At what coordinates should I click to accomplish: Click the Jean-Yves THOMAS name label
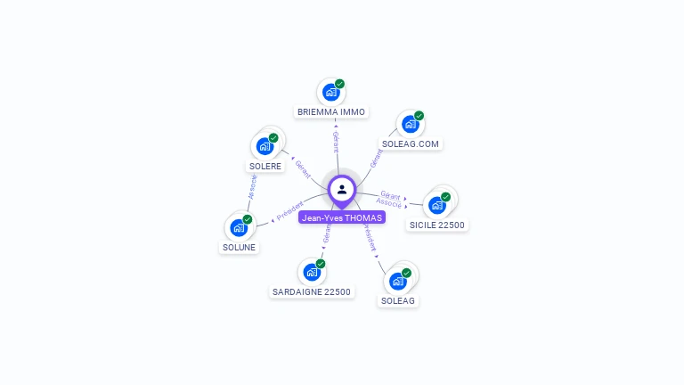click(x=342, y=217)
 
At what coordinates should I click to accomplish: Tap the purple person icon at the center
click(x=342, y=189)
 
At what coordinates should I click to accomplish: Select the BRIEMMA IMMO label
click(x=331, y=112)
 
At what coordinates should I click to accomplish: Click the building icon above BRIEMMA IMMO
click(x=330, y=92)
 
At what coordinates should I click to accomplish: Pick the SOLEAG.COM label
click(x=411, y=143)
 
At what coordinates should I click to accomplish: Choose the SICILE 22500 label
click(x=436, y=225)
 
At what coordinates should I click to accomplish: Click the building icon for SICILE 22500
click(x=436, y=205)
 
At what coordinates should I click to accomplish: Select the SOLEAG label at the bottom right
click(x=398, y=300)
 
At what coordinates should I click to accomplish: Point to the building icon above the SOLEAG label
click(x=397, y=281)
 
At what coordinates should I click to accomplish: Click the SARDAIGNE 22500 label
click(x=312, y=291)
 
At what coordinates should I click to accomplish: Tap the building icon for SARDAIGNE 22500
click(x=311, y=272)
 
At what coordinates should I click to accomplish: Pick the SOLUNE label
click(x=239, y=247)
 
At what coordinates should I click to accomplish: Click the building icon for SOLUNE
click(x=238, y=227)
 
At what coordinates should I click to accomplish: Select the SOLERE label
click(x=265, y=166)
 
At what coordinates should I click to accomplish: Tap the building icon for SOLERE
click(x=264, y=146)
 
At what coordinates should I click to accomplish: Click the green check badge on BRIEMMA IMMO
click(x=340, y=84)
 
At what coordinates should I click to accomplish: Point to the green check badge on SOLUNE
click(x=248, y=219)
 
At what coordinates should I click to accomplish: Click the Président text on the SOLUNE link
click(x=290, y=211)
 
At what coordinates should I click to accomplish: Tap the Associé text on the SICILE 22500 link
click(x=389, y=203)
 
